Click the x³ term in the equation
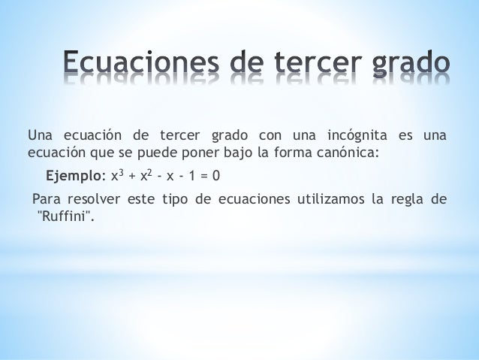(116, 177)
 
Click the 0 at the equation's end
(215, 178)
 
